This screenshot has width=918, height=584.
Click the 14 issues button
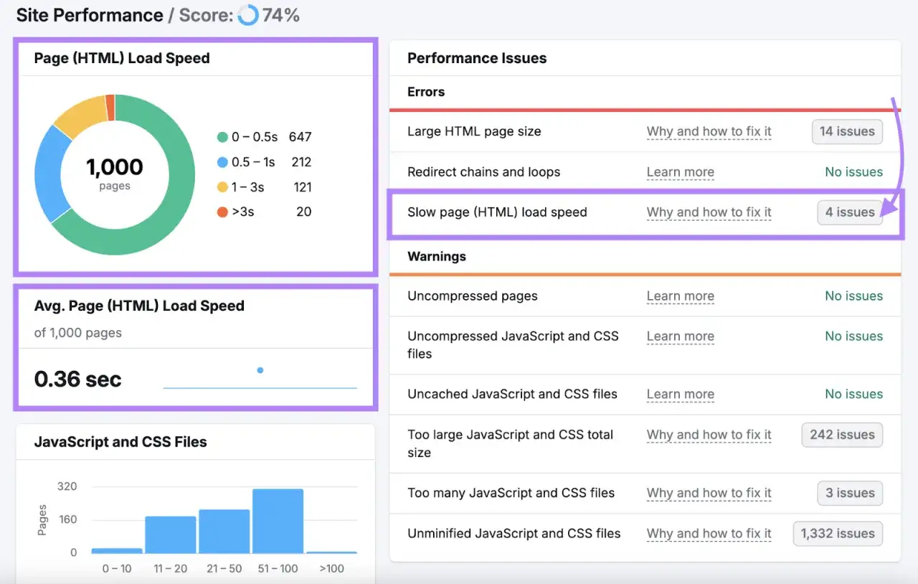point(847,131)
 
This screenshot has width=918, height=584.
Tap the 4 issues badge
point(850,212)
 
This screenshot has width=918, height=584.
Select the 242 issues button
point(842,435)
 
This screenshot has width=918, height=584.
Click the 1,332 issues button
point(838,534)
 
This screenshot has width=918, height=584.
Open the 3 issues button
point(850,493)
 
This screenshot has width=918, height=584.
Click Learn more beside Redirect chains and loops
point(681,172)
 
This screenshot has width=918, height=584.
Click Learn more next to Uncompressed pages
point(681,296)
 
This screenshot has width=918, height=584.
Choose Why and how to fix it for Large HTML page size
point(709,131)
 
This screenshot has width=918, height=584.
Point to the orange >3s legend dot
point(222,212)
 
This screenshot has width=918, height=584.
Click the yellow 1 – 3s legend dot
point(222,187)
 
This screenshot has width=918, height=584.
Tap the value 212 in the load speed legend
point(301,162)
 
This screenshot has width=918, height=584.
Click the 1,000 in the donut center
point(115,167)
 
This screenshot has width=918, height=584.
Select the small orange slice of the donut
point(110,108)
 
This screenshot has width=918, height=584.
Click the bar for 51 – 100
point(278,521)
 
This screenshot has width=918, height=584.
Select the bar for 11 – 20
point(171,534)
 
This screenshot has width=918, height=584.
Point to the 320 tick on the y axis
point(67,486)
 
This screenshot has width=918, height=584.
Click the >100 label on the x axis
point(331,569)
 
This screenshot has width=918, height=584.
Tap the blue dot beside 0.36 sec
point(260,370)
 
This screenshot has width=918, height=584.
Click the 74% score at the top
point(280,16)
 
